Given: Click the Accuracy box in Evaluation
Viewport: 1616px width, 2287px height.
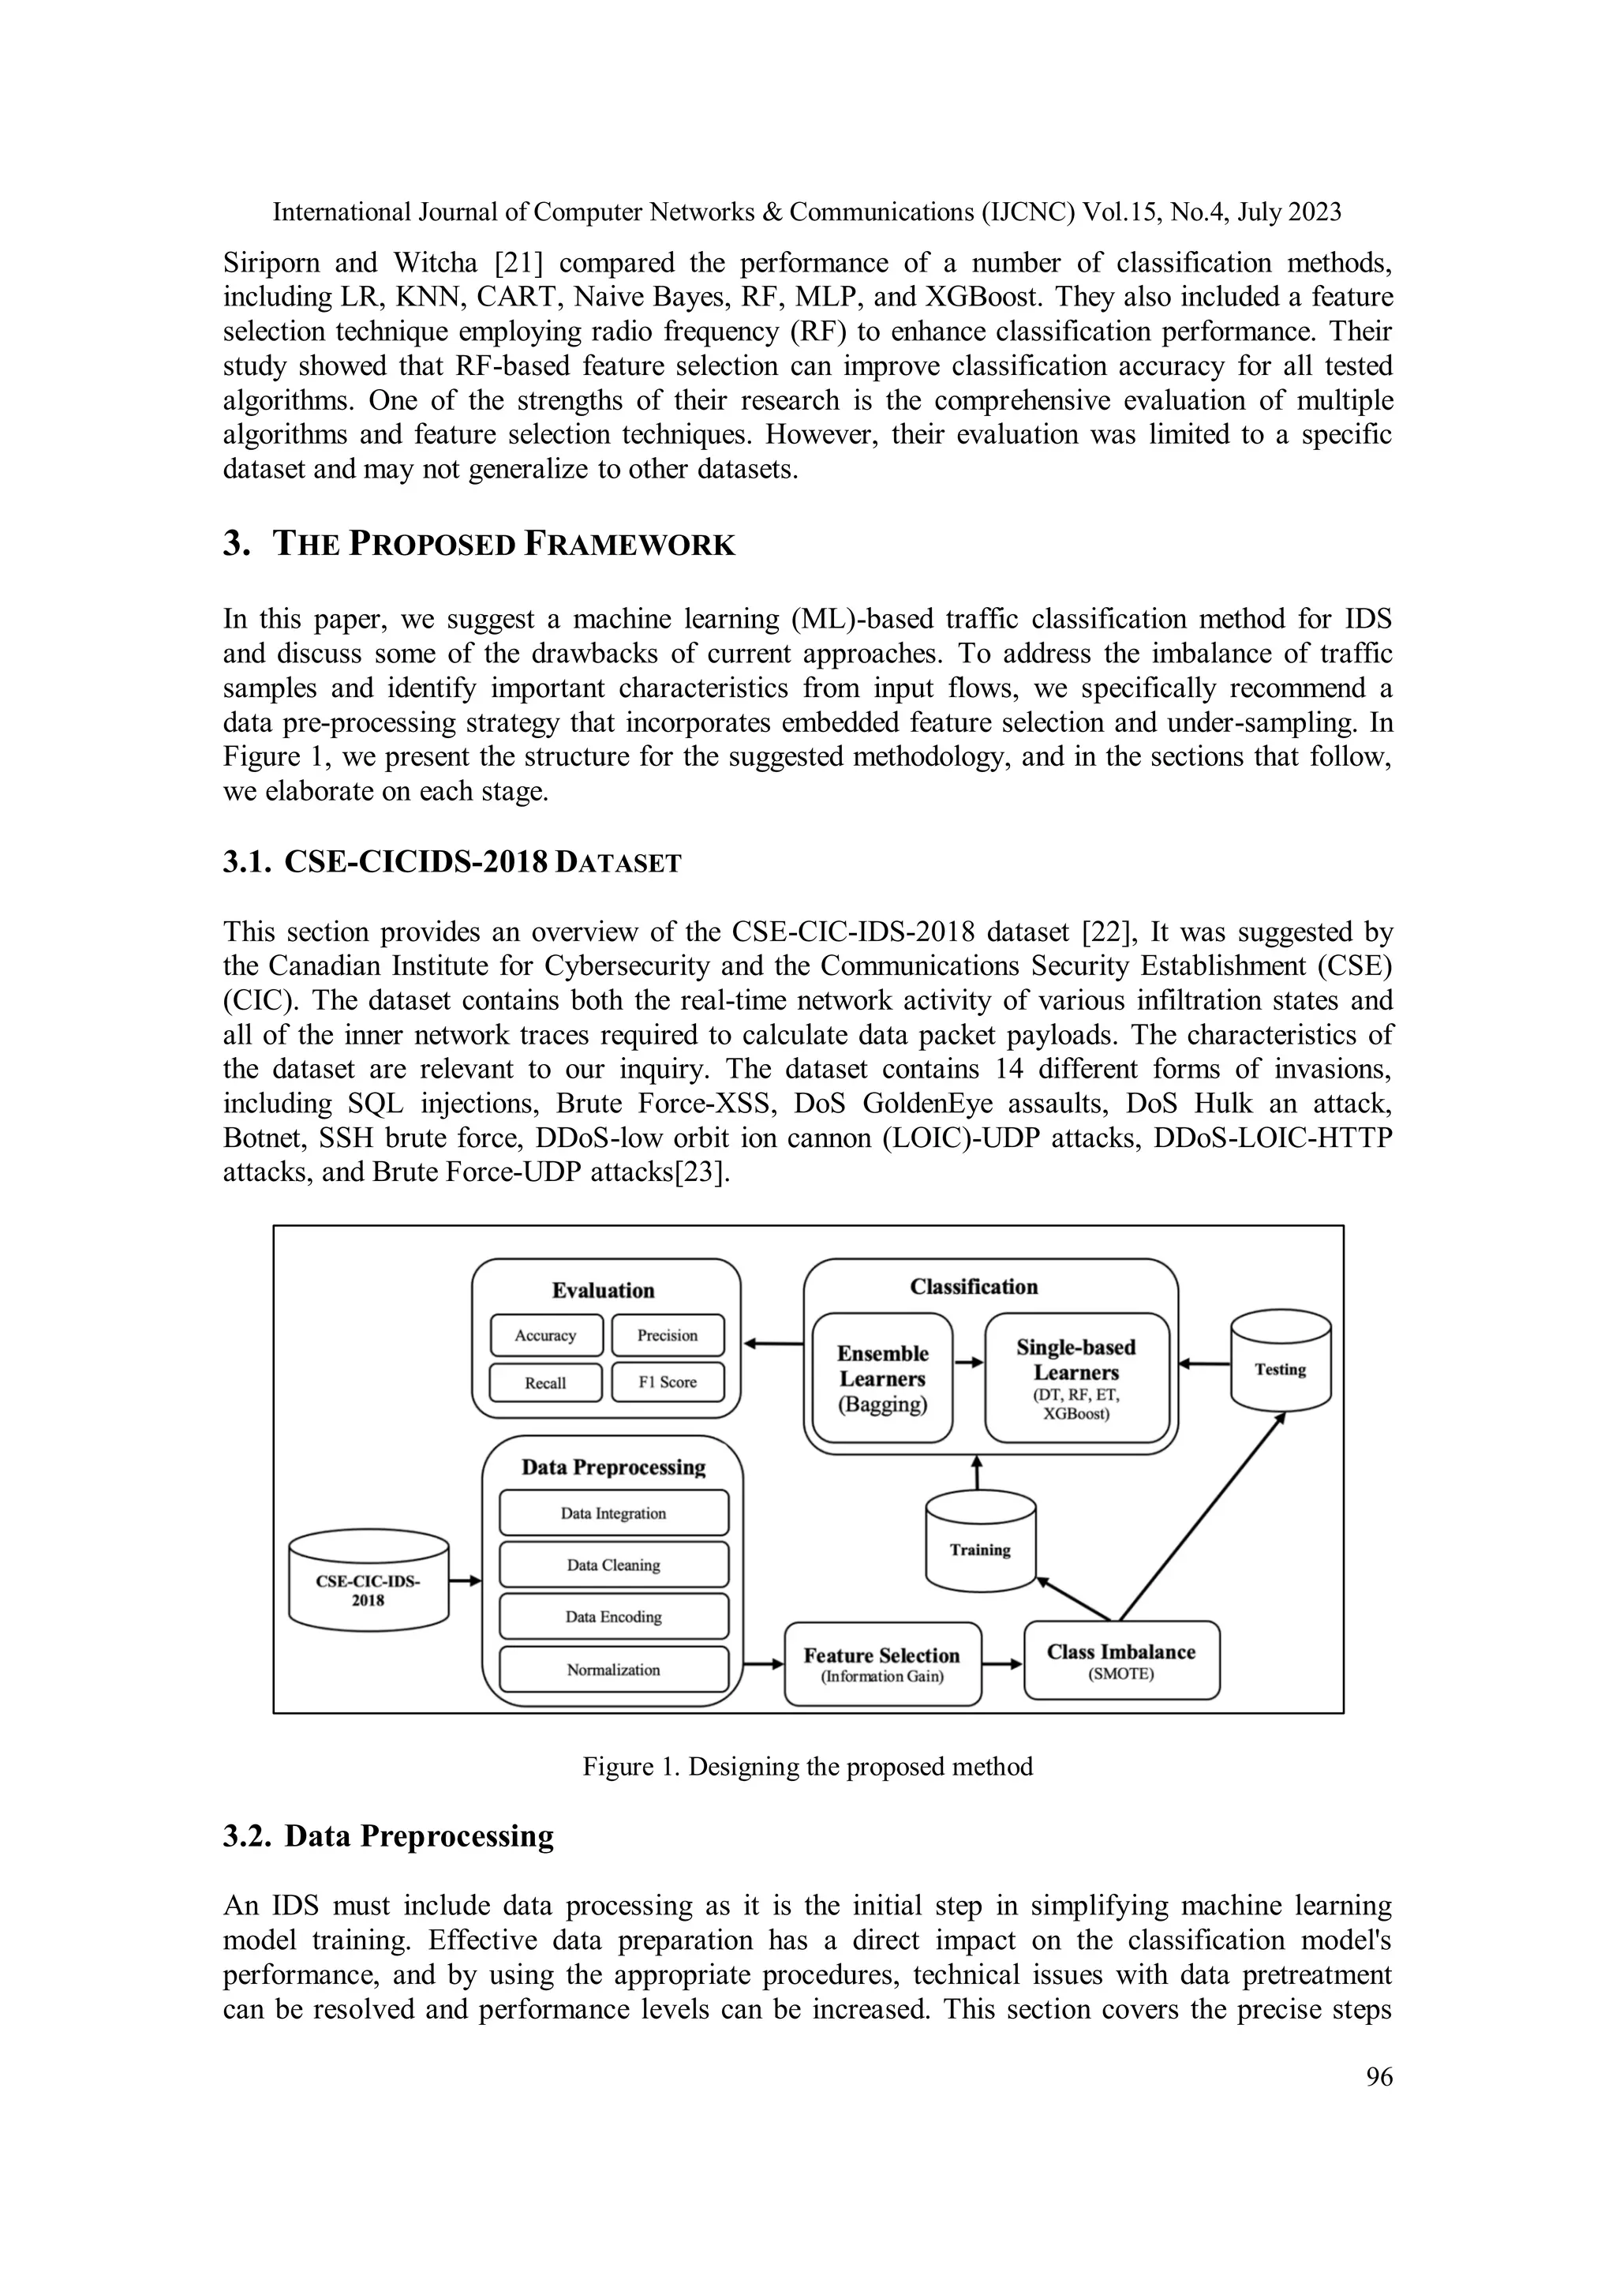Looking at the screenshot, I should point(545,1336).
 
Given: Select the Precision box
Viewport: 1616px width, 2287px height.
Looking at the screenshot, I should point(667,1336).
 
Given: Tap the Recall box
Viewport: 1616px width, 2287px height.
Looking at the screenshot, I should point(545,1382).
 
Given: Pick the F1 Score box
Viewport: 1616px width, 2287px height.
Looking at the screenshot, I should point(667,1382).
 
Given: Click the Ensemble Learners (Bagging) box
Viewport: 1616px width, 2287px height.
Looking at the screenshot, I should point(882,1378).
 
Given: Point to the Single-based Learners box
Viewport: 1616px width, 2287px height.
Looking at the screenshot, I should point(1076,1378).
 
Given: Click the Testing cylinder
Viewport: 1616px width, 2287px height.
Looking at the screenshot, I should point(1281,1362).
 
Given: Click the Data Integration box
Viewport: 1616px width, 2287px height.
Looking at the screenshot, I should point(613,1513).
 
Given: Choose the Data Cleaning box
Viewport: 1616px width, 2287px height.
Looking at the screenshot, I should point(613,1565).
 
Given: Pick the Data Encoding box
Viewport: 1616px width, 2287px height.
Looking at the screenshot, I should point(613,1617).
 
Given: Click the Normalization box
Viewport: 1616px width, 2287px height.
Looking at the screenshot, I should point(613,1670).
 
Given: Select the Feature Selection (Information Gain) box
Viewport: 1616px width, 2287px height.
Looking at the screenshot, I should point(882,1664).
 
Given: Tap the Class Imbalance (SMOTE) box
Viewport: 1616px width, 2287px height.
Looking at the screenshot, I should point(1121,1660).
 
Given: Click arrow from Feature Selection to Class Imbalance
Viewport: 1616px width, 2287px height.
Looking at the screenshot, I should point(1003,1663).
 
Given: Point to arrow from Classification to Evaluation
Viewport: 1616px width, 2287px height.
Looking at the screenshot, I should point(772,1344).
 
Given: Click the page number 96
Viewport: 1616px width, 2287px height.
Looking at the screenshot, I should point(1379,2077).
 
